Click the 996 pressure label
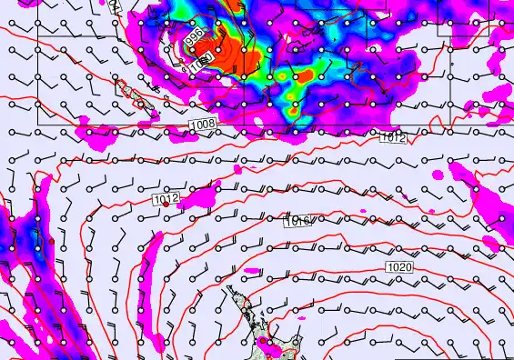coord(193,38)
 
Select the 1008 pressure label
coord(204,123)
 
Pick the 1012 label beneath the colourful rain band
coord(393,137)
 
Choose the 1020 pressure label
coord(399,266)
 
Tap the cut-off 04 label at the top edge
coord(112,5)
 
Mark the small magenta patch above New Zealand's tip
coord(250,271)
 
